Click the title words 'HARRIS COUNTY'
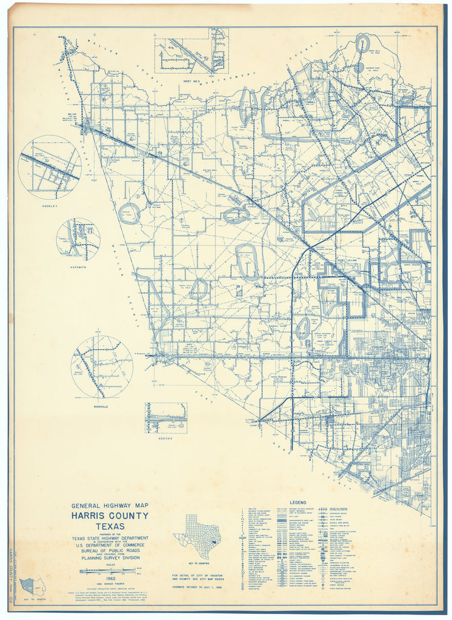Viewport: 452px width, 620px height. tap(110, 516)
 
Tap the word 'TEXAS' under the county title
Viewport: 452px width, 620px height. tap(110, 526)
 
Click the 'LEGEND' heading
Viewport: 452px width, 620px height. tap(298, 503)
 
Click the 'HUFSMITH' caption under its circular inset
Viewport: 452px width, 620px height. tap(78, 264)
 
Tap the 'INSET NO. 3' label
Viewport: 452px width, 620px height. tap(191, 79)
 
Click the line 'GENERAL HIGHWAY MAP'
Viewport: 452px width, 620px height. tap(110, 506)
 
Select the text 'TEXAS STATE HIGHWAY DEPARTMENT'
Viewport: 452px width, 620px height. tap(110, 538)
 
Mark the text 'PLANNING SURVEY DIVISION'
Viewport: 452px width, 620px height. tap(110, 559)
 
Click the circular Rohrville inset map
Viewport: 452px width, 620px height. tap(102, 366)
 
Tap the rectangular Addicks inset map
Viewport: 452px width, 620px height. tap(165, 418)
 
